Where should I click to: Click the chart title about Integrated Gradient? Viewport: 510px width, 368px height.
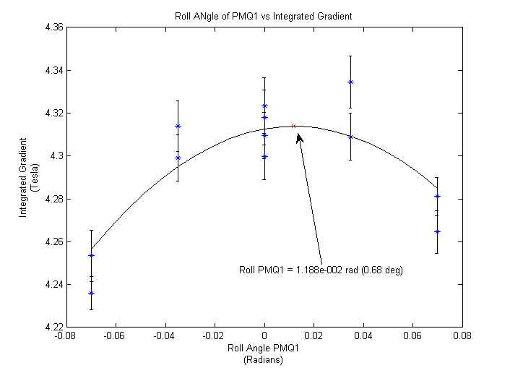(263, 15)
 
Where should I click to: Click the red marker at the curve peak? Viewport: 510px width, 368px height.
(293, 126)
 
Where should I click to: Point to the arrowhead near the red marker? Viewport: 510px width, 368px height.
(298, 135)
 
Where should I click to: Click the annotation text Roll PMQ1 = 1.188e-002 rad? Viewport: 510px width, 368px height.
(321, 270)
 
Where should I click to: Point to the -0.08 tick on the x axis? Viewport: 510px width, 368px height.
(66, 336)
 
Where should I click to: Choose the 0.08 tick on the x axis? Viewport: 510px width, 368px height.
(462, 336)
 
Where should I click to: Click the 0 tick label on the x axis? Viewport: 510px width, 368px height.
(264, 336)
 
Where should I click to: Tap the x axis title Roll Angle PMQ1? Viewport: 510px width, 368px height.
(263, 348)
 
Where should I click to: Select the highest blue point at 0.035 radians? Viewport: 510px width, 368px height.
(350, 82)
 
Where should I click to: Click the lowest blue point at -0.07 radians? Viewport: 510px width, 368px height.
(91, 293)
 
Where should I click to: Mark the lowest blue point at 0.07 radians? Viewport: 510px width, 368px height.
(437, 231)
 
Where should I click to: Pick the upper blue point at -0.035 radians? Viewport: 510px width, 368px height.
(178, 126)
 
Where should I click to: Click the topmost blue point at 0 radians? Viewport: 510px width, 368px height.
(264, 106)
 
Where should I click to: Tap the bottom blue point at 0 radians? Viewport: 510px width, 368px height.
(264, 156)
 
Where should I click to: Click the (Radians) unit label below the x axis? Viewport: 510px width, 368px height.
(263, 359)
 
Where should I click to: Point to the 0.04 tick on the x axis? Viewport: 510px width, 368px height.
(363, 336)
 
